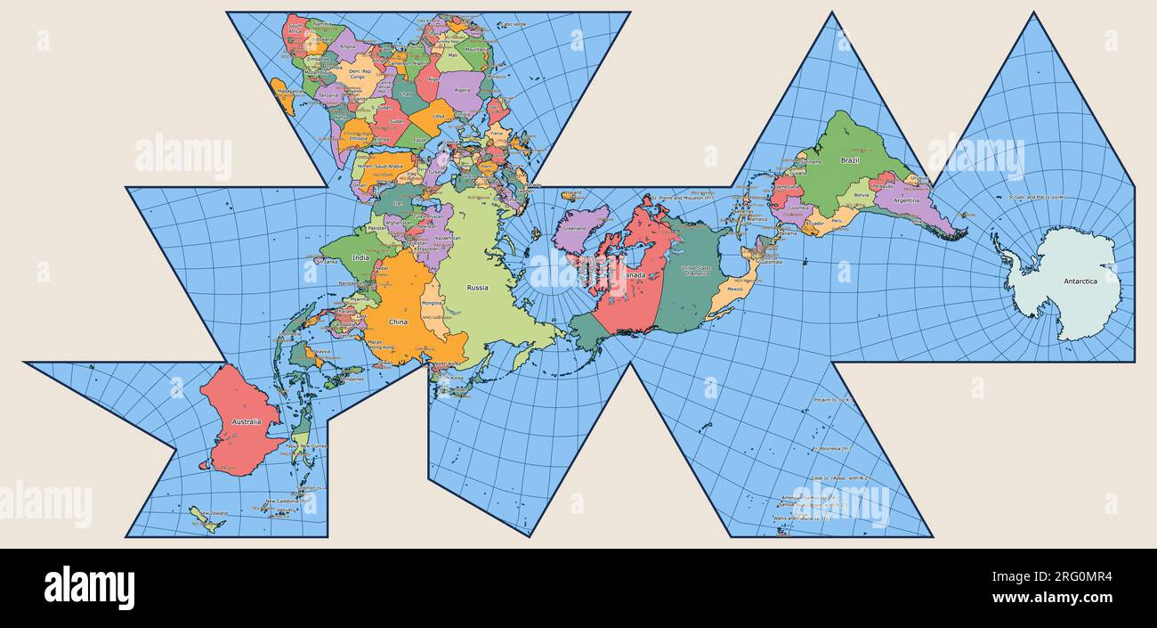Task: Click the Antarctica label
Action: [1080, 281]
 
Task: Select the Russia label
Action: [478, 288]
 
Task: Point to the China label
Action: [398, 322]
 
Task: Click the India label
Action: [360, 258]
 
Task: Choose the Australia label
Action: [246, 421]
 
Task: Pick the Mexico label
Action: [735, 289]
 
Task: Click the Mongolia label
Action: [433, 304]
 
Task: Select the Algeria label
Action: [461, 90]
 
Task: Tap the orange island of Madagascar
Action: [284, 96]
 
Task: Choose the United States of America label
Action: [697, 270]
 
